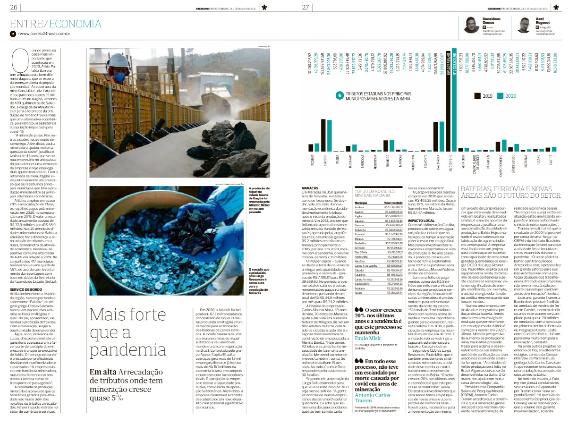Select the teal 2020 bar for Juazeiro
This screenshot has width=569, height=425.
(329, 136)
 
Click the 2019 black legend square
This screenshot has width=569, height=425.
(477, 108)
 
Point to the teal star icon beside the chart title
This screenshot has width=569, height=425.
(339, 109)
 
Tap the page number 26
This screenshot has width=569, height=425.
(14, 7)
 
